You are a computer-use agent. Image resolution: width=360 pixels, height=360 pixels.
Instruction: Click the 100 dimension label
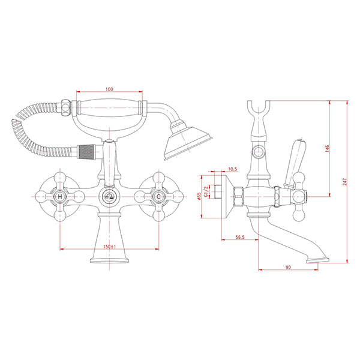click(109, 89)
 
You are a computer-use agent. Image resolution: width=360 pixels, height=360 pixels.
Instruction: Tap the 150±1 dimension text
click(110, 247)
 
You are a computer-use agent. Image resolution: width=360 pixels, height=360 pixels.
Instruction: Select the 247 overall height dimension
click(344, 182)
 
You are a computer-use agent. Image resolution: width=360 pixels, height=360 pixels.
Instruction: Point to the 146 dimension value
click(328, 148)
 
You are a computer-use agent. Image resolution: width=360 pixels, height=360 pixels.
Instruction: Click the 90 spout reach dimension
click(288, 267)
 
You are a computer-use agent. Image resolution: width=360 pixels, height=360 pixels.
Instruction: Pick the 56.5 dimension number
click(240, 237)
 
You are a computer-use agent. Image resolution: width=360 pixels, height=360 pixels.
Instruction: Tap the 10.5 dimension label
click(232, 169)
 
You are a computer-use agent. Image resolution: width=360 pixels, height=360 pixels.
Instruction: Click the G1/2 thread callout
click(206, 191)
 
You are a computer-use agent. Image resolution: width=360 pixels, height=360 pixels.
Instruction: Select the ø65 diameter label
click(199, 196)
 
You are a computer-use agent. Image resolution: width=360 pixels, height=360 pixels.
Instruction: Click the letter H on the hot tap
click(60, 197)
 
